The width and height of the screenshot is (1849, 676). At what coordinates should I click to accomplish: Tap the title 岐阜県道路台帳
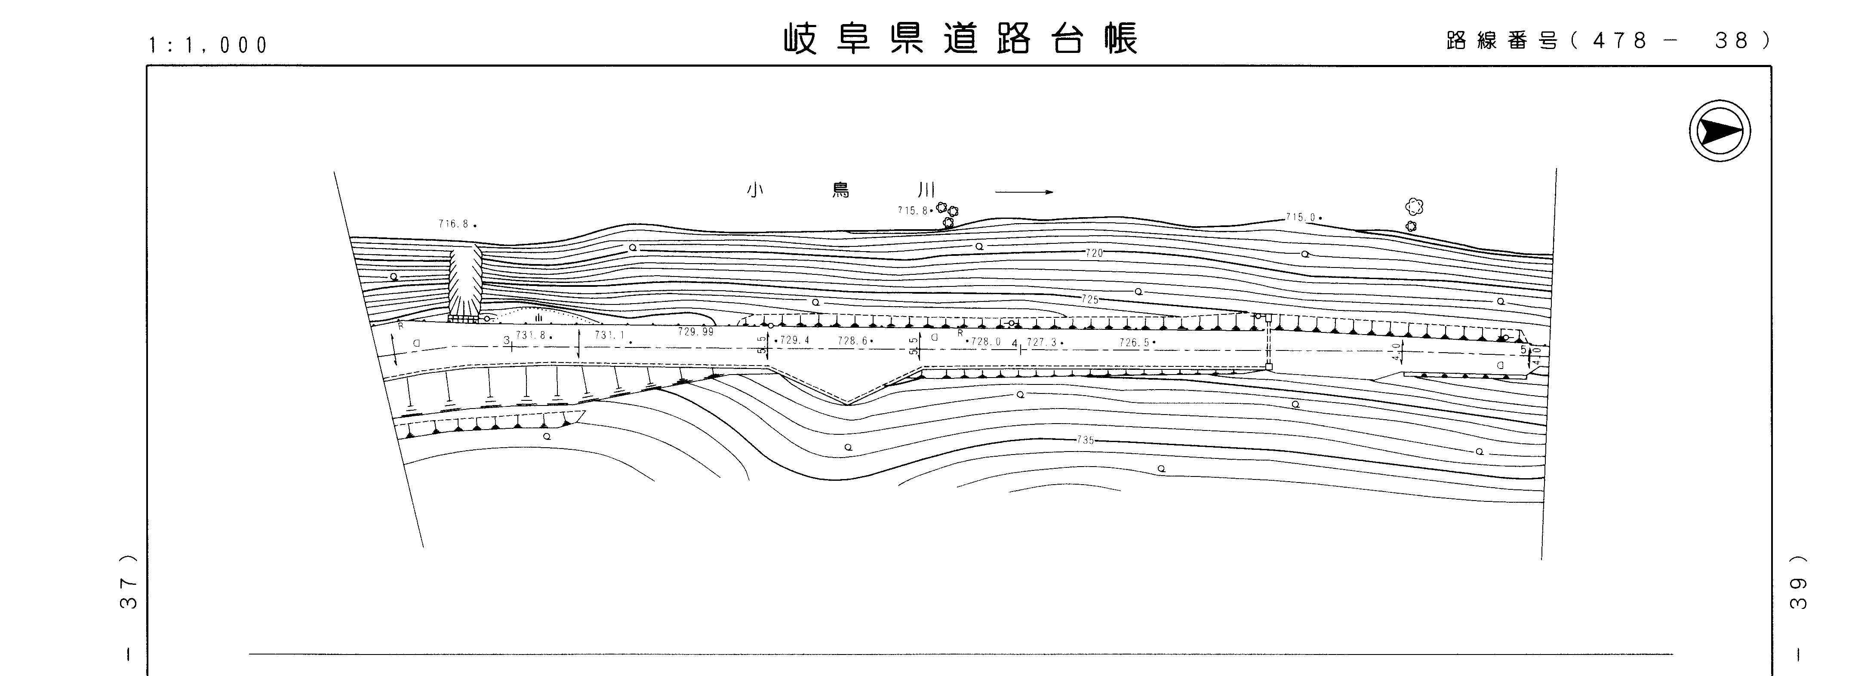tap(960, 40)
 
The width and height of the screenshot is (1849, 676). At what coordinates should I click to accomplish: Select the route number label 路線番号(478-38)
tap(1608, 41)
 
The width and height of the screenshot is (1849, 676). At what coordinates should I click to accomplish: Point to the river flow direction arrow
tap(1024, 192)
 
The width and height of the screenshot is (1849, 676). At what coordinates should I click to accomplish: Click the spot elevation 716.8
tap(454, 224)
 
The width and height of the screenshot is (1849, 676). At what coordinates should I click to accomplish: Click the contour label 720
tap(1094, 252)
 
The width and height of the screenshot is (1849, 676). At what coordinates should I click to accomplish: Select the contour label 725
tap(1089, 299)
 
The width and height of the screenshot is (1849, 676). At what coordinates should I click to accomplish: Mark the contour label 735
tap(1085, 440)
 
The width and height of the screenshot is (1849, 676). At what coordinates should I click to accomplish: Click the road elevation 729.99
tap(695, 332)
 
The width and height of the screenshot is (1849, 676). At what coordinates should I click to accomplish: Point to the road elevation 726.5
tap(1134, 343)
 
